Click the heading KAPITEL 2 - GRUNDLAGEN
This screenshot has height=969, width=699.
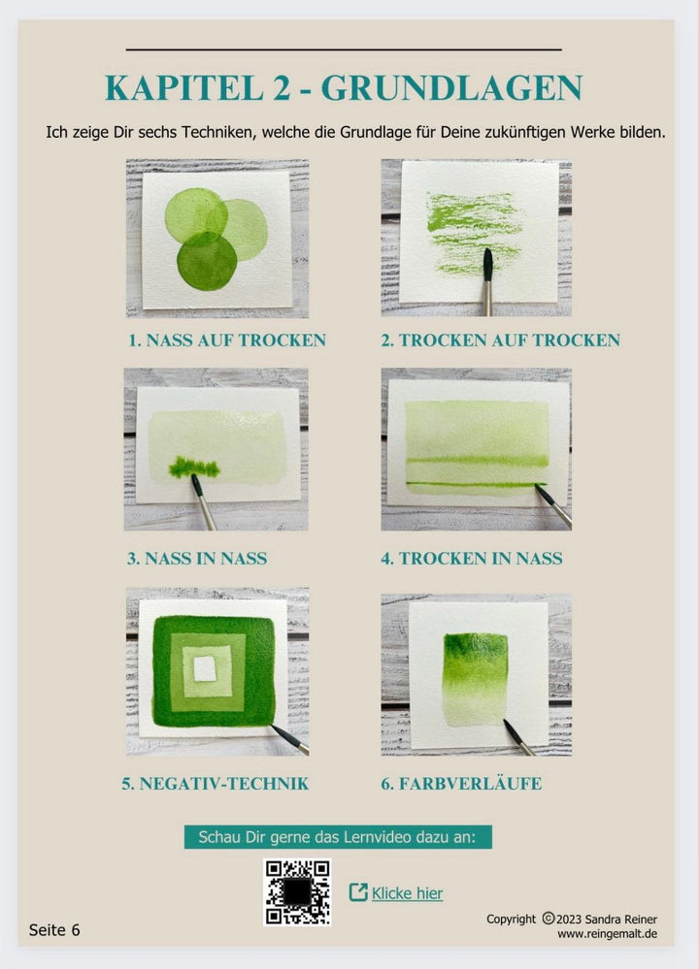coord(344,87)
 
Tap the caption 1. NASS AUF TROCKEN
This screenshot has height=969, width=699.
coord(227,340)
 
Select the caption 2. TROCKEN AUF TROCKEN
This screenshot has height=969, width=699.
coord(500,340)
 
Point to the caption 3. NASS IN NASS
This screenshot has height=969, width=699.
coord(197,559)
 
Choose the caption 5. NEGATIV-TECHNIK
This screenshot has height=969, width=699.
coord(216,784)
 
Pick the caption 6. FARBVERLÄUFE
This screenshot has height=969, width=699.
coord(461,784)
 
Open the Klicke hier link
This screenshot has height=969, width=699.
coord(407,893)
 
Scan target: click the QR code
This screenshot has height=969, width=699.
coord(297,892)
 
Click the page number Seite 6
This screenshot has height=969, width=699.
coord(54,930)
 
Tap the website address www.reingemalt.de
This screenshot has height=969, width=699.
coord(608,934)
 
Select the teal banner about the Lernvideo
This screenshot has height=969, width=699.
coord(338,837)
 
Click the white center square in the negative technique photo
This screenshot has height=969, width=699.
coord(205,668)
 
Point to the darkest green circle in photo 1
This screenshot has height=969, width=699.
coord(207,262)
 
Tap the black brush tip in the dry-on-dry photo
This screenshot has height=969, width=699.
coord(487,262)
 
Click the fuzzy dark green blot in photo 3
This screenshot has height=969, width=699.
coord(194,468)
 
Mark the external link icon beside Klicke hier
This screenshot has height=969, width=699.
coord(358,892)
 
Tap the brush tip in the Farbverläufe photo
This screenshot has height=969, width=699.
coord(508,726)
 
